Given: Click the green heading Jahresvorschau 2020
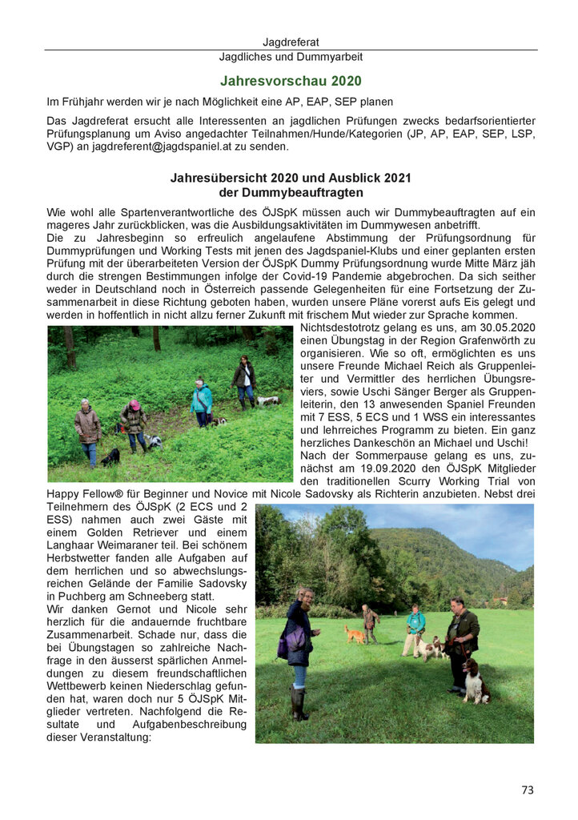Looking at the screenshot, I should [291, 81].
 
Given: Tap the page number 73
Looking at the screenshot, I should [527, 790].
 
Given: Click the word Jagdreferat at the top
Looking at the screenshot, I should [291, 42].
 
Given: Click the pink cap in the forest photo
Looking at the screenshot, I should [134, 405].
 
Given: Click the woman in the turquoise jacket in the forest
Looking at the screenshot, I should [202, 403].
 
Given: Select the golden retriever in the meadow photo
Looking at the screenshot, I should [355, 634].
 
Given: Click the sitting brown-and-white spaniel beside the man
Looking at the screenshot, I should [476, 681].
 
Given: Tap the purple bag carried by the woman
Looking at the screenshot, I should [283, 645].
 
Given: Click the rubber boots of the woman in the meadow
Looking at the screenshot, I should [298, 703].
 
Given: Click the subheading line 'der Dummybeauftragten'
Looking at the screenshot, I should [291, 193].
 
